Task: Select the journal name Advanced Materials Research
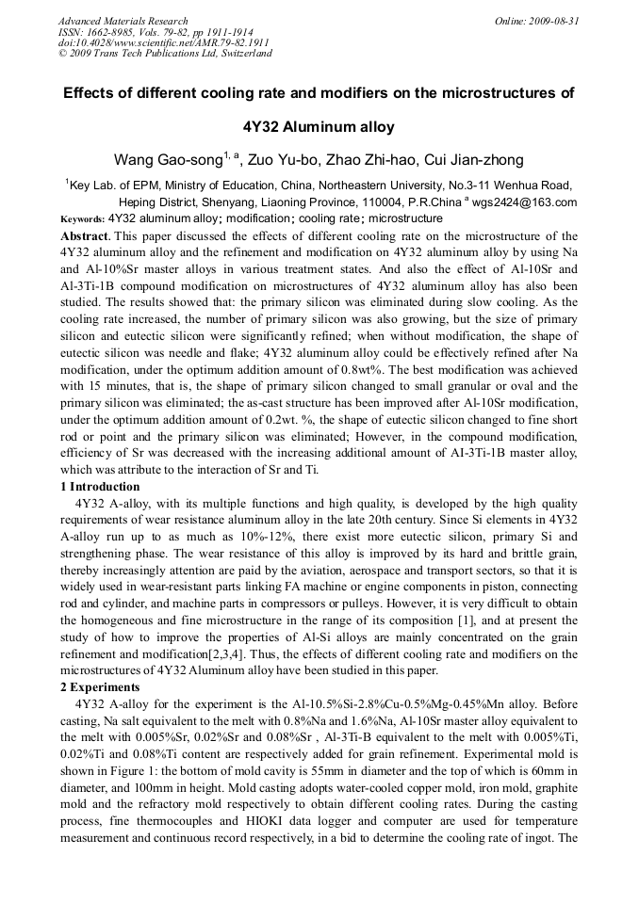[x=123, y=20]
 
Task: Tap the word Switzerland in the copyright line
[x=240, y=54]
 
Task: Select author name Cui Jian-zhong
[x=462, y=159]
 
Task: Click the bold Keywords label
[x=82, y=218]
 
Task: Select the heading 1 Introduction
[x=99, y=487]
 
